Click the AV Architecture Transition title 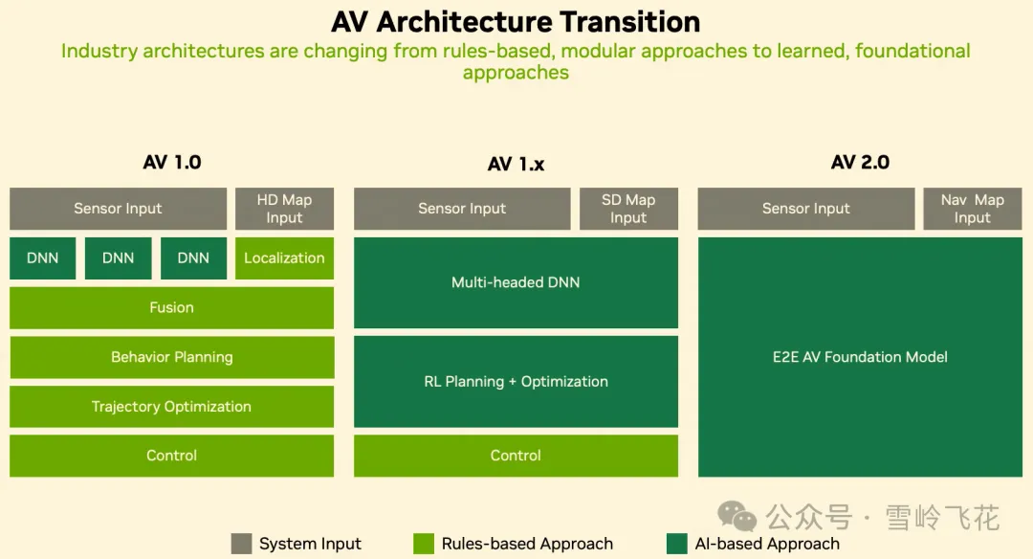(516, 22)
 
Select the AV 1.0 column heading (172, 162)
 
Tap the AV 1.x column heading (516, 164)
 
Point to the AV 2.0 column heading (860, 162)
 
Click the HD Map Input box (285, 209)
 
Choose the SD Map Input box (628, 209)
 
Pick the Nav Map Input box (973, 209)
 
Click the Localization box (285, 257)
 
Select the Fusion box (171, 307)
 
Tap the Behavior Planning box (171, 357)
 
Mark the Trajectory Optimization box (171, 406)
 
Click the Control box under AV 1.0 (171, 456)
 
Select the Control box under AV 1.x (516, 456)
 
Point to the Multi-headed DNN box (516, 282)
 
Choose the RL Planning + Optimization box (516, 382)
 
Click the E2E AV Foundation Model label (860, 357)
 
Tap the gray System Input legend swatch (241, 544)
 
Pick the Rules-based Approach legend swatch (424, 544)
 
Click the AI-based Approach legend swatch (676, 544)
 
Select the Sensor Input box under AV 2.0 (806, 209)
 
